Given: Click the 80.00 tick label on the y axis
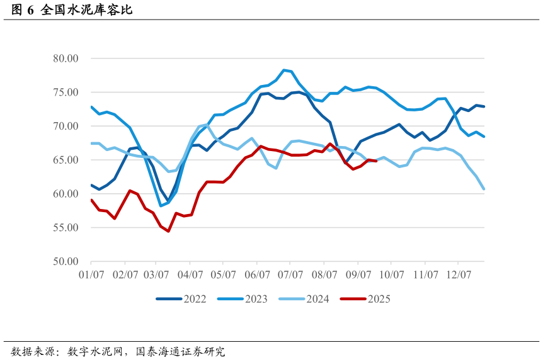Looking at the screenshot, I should tap(65, 59).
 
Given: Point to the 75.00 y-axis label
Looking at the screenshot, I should tap(65, 93).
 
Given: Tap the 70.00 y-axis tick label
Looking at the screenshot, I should tap(65, 127).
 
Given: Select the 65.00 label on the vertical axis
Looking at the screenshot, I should tap(65, 160).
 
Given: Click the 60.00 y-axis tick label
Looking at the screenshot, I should tap(65, 194).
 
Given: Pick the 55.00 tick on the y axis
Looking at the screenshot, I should tap(65, 228).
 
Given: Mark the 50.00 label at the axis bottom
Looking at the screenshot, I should tap(65, 261).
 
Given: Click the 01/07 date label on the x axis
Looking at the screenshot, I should tap(91, 275).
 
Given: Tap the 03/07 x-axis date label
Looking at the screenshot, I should tap(157, 275).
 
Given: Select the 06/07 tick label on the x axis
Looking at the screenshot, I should tap(258, 275).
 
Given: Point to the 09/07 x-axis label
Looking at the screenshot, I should tap(358, 275).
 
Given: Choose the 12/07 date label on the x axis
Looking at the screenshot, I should tap(458, 275).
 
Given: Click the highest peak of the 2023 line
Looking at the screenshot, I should tap(283, 70).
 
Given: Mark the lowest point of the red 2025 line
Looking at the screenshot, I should tap(168, 231).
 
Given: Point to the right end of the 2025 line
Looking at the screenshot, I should tap(376, 161).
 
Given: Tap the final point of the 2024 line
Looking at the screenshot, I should tap(484, 189).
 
